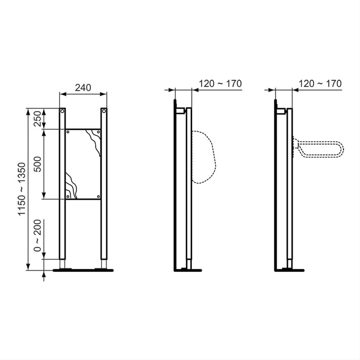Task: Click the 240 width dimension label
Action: (x=83, y=88)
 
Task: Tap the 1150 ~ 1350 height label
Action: (x=22, y=189)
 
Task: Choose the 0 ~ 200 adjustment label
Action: (x=37, y=237)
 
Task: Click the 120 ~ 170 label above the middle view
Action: (x=221, y=83)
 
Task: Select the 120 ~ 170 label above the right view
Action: (x=320, y=83)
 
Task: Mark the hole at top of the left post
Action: (x=62, y=111)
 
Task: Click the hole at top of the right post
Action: (x=104, y=111)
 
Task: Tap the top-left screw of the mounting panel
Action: (x=68, y=132)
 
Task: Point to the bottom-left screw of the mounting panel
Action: (x=68, y=196)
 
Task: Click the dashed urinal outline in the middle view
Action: (x=204, y=157)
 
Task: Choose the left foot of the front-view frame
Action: (x=62, y=269)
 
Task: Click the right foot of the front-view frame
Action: (x=104, y=269)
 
